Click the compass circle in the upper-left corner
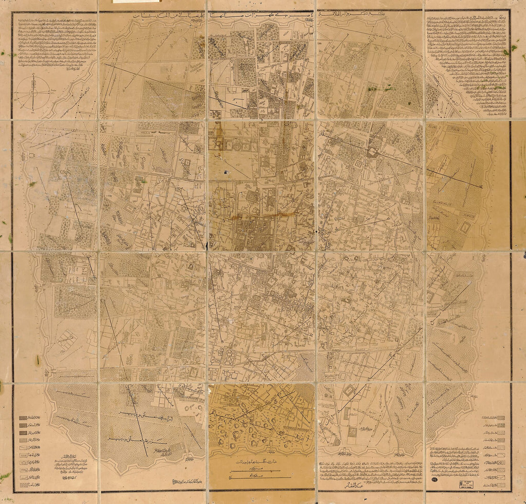tap(33, 92)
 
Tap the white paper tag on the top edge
tap(136, 1)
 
